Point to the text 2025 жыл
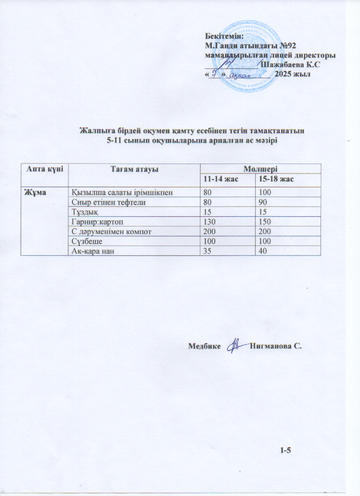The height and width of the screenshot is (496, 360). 292,74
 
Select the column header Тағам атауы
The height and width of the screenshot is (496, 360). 134,169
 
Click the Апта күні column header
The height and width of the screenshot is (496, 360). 44,169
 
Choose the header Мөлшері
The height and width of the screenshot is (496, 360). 260,169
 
